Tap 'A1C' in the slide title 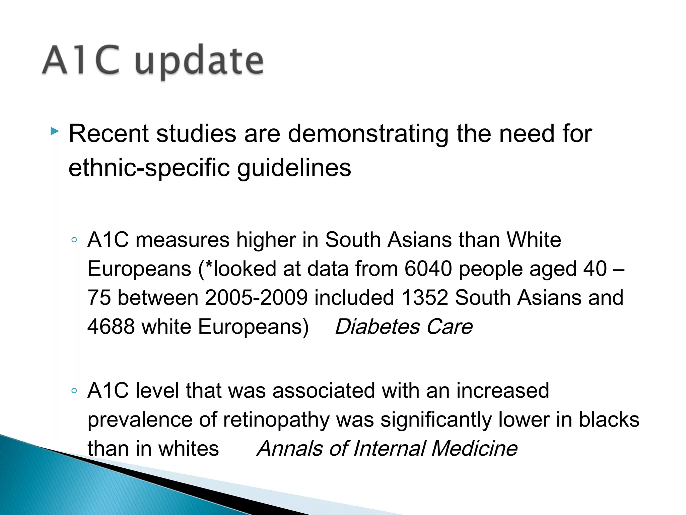(x=81, y=60)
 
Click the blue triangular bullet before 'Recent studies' (x=54, y=131)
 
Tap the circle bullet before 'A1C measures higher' (x=74, y=240)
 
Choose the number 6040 (x=428, y=269)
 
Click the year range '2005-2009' (x=256, y=298)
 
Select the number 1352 (x=424, y=298)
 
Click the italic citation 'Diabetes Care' (x=404, y=327)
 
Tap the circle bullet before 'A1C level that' (x=74, y=391)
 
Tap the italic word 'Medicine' (x=474, y=449)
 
